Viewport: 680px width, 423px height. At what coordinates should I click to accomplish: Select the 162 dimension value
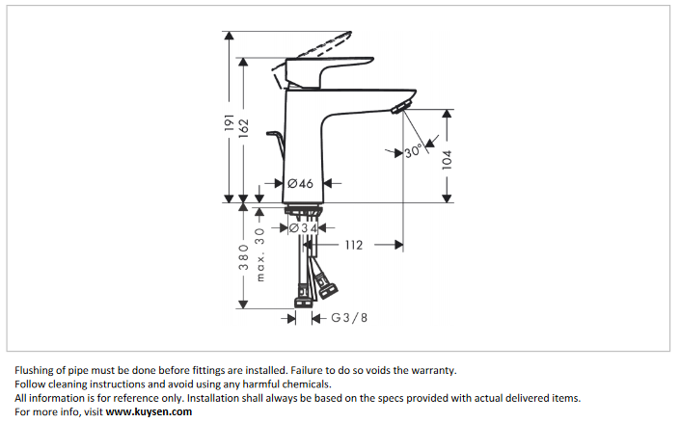pos(244,127)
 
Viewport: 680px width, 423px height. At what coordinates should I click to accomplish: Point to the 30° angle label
pos(414,151)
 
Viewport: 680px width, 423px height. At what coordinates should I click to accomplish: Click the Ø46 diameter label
pos(300,183)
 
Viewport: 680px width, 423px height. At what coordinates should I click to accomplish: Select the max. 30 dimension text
pos(259,254)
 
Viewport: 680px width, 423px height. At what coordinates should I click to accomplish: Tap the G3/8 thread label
pos(349,317)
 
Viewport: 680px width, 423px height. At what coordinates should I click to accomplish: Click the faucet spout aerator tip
pos(403,103)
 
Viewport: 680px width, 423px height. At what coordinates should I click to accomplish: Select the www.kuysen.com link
pos(149,411)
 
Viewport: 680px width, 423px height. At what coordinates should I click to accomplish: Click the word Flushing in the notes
pos(36,370)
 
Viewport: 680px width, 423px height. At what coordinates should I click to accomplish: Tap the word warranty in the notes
pos(428,370)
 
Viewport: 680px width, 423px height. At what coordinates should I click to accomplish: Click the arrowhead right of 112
pos(397,246)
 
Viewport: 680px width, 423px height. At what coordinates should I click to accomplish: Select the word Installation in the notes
pos(214,398)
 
